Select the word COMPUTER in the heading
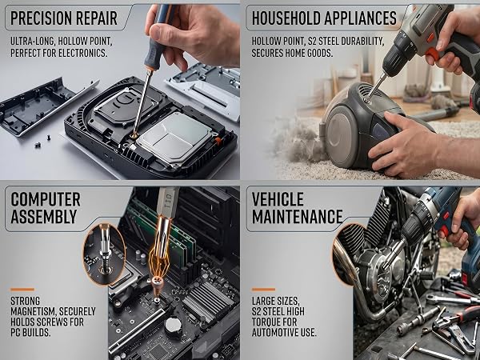coord(46,199)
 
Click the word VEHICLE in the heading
coord(278,199)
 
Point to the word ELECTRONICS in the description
coord(82,53)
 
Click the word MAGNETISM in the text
coord(33,312)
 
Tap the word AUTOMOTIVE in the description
coord(274,333)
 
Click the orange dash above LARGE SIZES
coord(263,290)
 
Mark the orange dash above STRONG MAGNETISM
coord(22,290)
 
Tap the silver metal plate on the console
coord(174,137)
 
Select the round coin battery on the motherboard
coord(174,326)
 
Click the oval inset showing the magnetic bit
coord(104,254)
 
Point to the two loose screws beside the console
coord(43,141)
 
